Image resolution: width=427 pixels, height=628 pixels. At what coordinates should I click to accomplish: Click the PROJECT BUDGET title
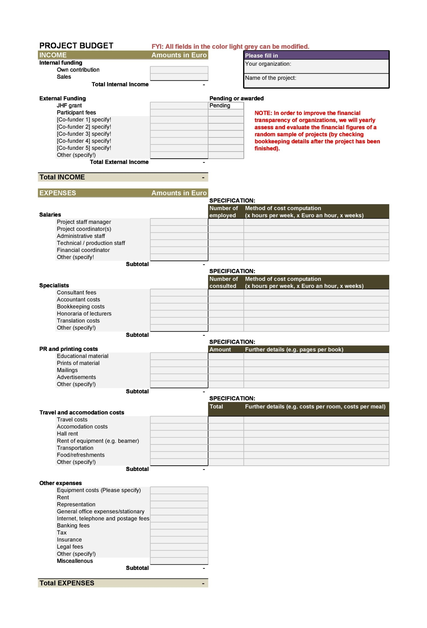(76, 46)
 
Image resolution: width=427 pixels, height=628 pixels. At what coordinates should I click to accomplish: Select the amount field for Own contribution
(179, 70)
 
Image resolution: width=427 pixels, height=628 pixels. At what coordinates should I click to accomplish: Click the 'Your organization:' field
(316, 66)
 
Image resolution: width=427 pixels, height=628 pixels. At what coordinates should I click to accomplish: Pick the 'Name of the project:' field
(316, 80)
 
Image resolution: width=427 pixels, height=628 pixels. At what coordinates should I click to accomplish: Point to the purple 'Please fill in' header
(316, 55)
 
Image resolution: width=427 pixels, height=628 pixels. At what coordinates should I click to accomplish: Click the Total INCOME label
(62, 177)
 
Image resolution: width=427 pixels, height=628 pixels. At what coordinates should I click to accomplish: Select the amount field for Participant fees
(179, 113)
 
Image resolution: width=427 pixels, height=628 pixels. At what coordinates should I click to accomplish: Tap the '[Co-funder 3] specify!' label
(84, 134)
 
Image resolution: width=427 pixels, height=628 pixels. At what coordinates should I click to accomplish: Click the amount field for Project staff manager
(179, 222)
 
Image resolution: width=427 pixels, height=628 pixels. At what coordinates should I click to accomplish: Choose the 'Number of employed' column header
(224, 212)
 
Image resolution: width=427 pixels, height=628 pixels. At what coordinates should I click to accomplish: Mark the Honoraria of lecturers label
(84, 314)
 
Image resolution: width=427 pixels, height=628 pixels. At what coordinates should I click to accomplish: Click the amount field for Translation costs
(179, 321)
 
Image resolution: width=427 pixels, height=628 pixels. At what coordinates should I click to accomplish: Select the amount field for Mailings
(179, 370)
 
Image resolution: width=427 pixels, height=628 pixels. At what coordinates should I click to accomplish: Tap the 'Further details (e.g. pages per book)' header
(294, 349)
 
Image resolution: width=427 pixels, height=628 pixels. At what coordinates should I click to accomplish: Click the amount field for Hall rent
(179, 434)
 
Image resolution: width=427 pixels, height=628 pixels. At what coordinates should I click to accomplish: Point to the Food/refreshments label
(80, 455)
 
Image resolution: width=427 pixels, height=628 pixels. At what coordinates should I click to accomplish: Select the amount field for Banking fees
(179, 526)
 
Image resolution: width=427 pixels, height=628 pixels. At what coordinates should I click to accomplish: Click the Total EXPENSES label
(67, 583)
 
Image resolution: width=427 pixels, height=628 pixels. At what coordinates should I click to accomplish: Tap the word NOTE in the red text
(263, 113)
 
